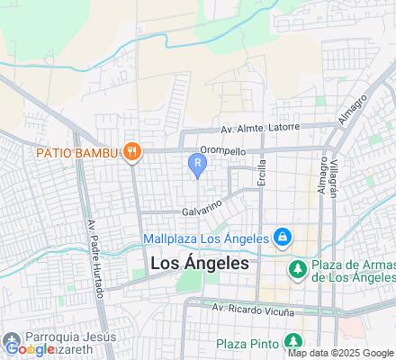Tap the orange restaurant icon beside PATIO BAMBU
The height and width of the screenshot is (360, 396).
coord(132,151)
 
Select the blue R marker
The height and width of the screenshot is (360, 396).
coord(197,162)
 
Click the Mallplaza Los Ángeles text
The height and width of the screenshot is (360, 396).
coord(206,238)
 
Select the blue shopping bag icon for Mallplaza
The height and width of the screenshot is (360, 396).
coord(283,238)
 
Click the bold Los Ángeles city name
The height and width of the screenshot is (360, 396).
coord(202,265)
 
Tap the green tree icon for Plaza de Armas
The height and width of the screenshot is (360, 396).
coord(296,268)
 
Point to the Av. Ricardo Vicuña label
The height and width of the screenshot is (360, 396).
coord(254,309)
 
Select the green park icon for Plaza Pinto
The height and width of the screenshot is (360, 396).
coord(292,341)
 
